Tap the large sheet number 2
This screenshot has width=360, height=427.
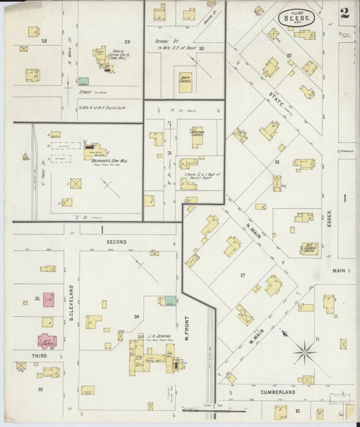coord(345,12)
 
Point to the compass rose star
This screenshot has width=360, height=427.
coord(304,351)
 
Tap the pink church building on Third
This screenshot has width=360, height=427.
coord(47,340)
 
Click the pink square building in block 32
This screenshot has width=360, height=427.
coord(49,299)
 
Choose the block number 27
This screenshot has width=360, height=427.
coord(242,276)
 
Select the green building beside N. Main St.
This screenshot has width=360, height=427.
coord(83,81)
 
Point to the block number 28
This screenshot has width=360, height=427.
coord(44,42)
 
